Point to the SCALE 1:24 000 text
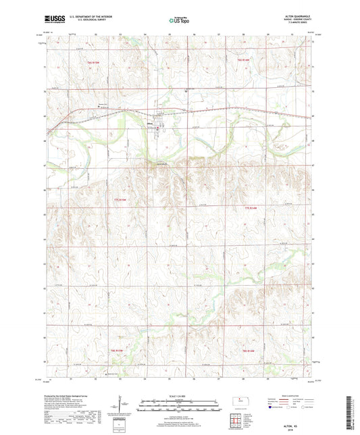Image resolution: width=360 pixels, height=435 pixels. click(179, 395)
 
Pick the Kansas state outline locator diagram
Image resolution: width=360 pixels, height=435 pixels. click(240, 403)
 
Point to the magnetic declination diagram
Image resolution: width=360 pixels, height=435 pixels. click(122, 405)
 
